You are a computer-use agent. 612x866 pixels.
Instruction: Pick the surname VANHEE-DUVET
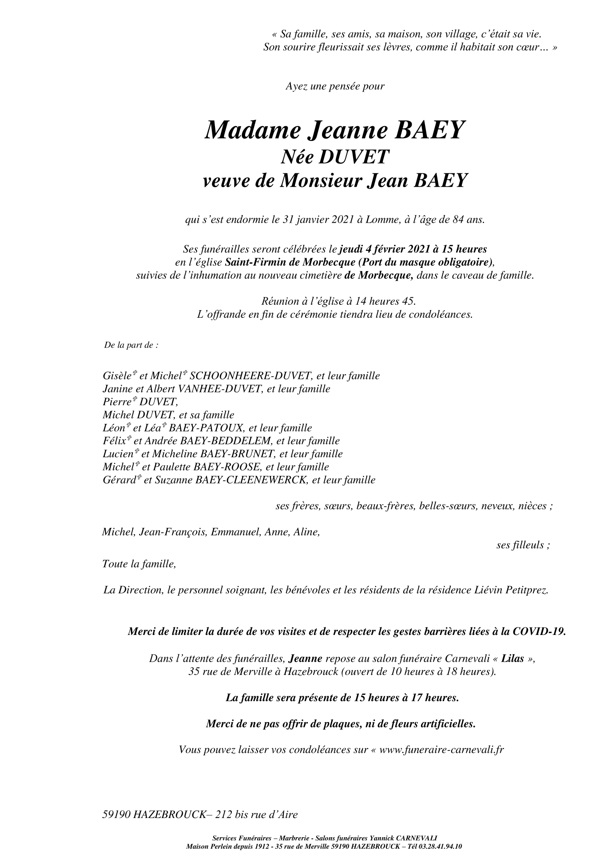[x=219, y=389]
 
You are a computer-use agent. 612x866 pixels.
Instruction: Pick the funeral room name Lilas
[x=513, y=658]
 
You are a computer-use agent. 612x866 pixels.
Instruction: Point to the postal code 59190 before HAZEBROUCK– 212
[x=116, y=815]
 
